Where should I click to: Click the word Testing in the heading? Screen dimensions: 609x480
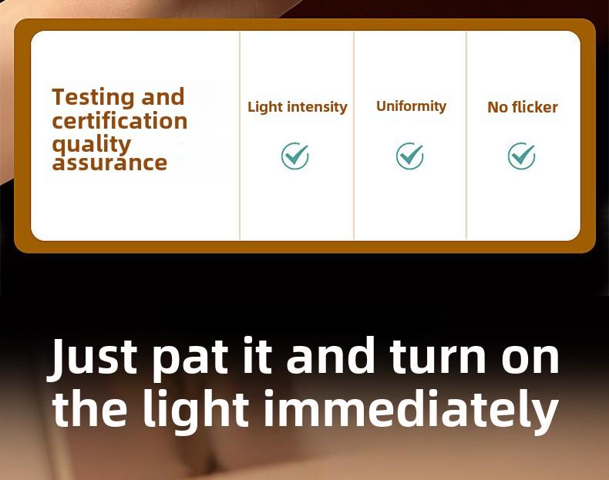pos(93,97)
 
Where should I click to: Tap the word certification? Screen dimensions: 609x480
pos(119,121)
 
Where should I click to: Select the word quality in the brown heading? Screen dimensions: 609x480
pos(92,145)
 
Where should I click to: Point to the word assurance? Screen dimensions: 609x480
pos(109,163)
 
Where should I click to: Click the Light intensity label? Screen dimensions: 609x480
pos(298,107)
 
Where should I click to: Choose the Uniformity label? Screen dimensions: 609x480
pos(412,106)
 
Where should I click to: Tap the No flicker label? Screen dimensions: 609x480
pos(523,107)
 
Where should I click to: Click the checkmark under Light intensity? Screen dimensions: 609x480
pos(295,156)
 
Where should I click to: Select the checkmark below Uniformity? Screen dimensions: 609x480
pos(410,156)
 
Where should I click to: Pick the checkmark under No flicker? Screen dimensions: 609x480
pos(522,156)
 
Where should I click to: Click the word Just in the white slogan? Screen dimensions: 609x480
pos(92,357)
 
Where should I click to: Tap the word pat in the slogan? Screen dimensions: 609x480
pos(189,361)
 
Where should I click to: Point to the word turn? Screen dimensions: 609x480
pos(438,357)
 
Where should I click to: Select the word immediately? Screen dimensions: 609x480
pos(412,412)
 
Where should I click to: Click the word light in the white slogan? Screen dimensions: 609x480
pos(196,412)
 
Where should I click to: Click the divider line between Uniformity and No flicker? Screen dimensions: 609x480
pos(466,136)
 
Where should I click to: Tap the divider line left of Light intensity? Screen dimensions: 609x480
pos(240,136)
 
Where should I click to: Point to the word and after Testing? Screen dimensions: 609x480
pos(163,97)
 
